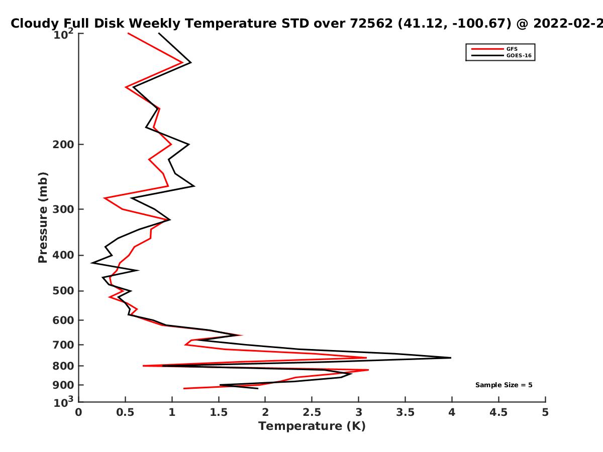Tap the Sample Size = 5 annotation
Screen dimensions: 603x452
(x=504, y=385)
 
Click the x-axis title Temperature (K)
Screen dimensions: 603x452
(x=312, y=426)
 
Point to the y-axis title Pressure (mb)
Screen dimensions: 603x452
(x=43, y=217)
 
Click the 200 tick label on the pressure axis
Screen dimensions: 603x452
(x=63, y=144)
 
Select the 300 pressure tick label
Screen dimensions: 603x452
(x=63, y=209)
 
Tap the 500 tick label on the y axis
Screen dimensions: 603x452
(x=63, y=291)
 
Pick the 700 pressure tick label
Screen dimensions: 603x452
(x=63, y=345)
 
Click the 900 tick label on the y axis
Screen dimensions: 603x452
(x=63, y=385)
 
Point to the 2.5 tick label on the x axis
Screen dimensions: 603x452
(x=312, y=412)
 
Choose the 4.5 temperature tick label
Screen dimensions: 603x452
(x=498, y=412)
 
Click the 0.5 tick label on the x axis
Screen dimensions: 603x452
(x=125, y=412)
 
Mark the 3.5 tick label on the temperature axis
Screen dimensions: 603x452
(x=405, y=412)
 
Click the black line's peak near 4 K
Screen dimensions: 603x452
(x=451, y=358)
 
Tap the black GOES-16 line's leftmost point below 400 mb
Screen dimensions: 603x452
(x=92, y=263)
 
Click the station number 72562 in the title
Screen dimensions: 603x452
(x=371, y=24)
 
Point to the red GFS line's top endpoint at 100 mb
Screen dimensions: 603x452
(x=128, y=33)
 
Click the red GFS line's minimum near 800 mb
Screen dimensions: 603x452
(x=143, y=366)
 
